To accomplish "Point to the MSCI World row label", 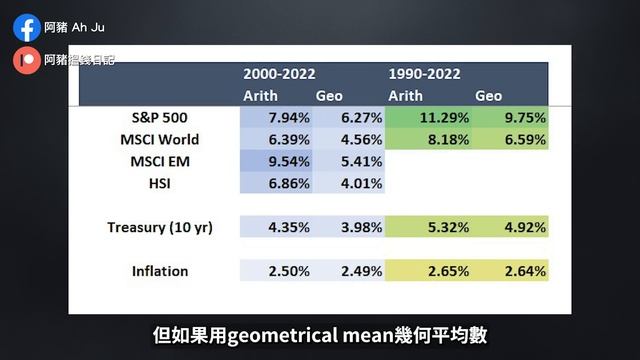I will [153, 139].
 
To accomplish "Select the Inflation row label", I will [160, 271].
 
